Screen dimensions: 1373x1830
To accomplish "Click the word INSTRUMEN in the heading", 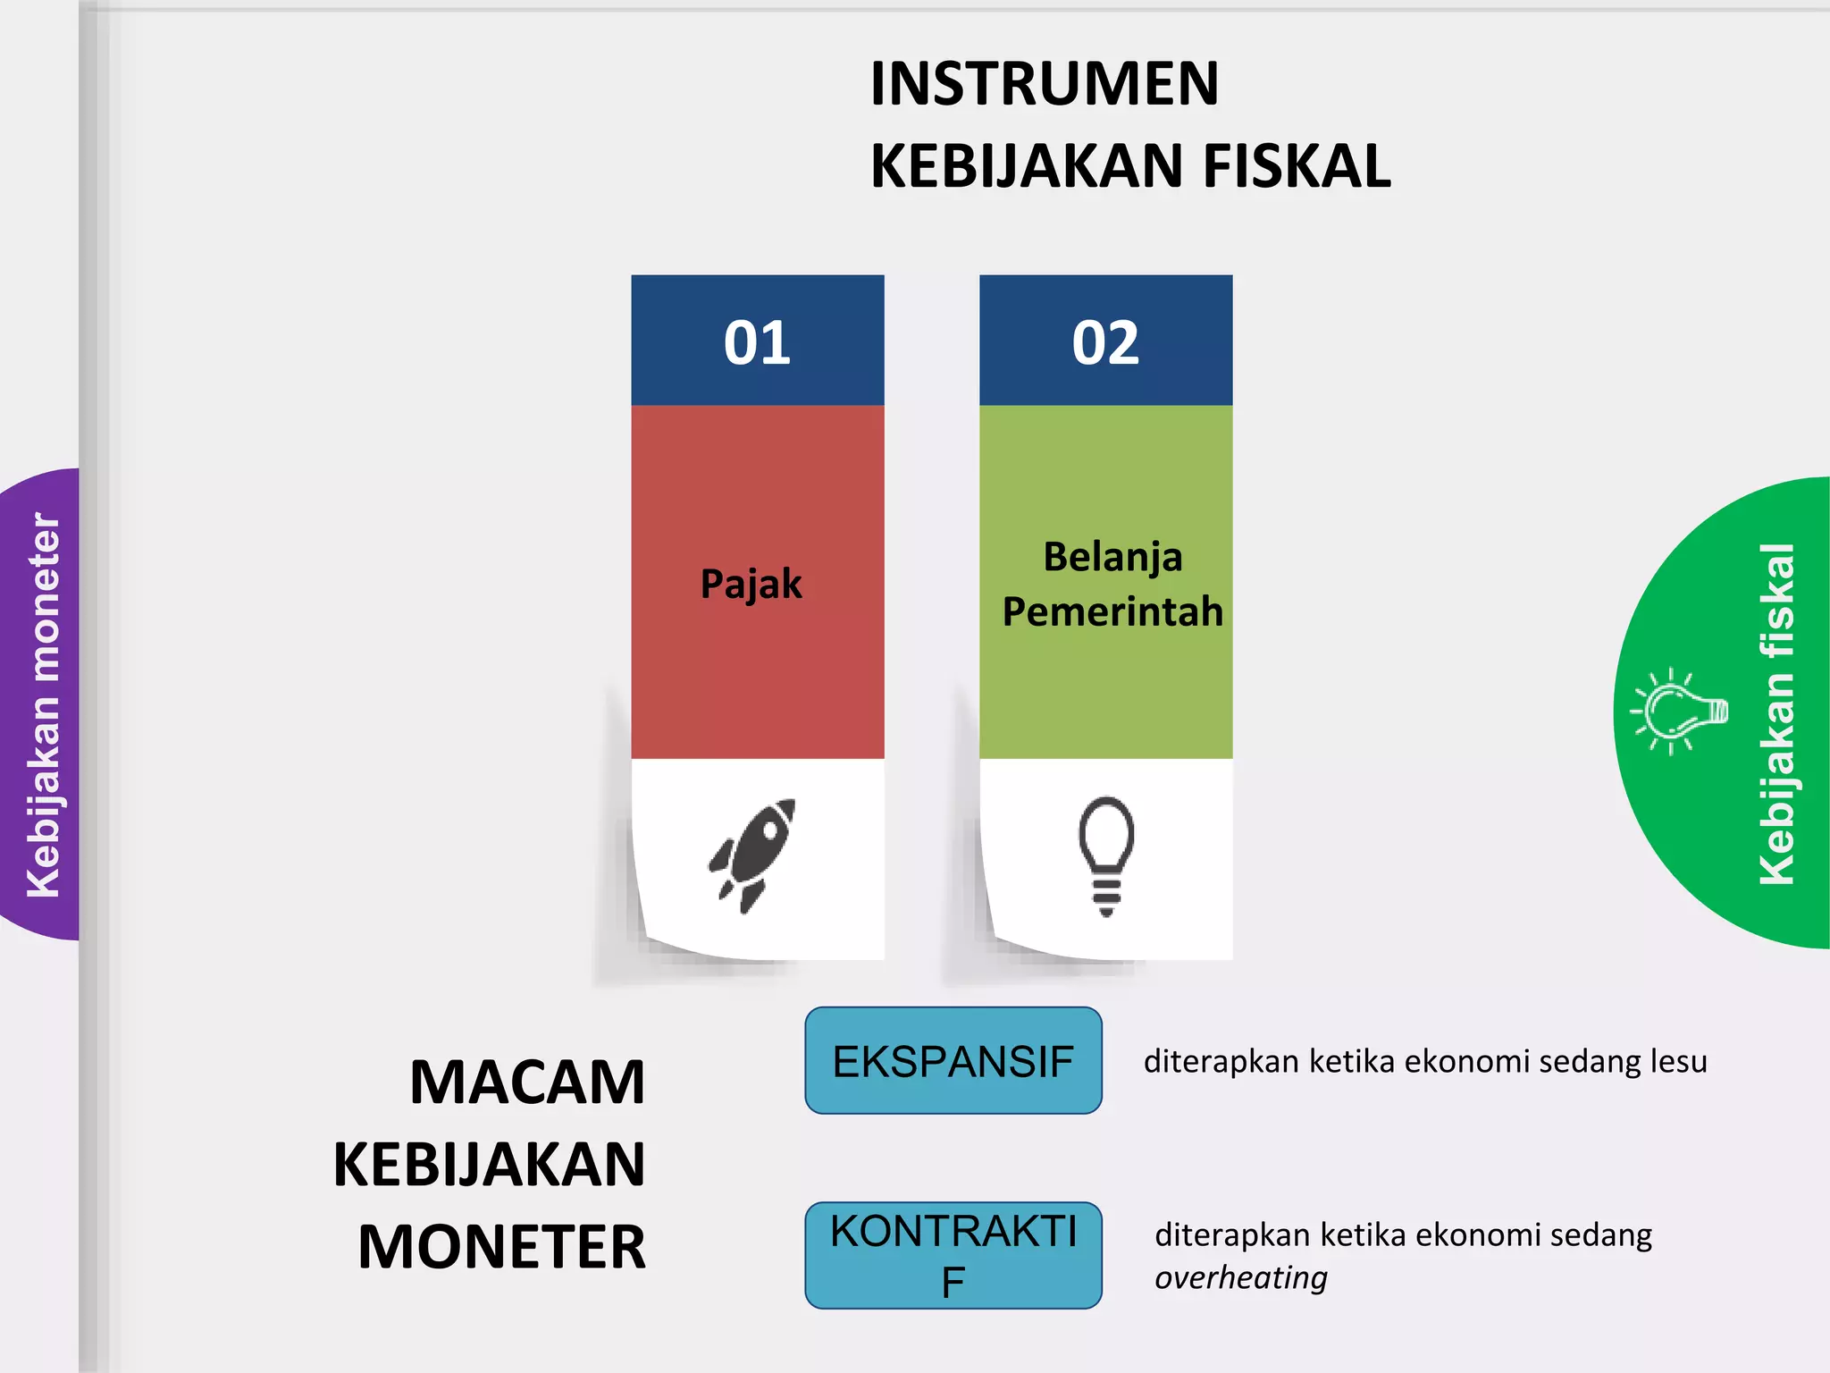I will click(1044, 84).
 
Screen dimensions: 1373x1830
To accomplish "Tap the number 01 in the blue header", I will click(757, 343).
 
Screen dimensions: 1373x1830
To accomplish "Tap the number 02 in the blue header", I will click(1105, 343).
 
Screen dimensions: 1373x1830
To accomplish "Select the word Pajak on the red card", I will click(751, 585).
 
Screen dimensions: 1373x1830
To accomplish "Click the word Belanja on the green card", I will click(1112, 557).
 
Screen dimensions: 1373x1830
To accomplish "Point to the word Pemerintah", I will click(1112, 612).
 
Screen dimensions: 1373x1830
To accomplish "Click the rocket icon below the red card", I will click(752, 855).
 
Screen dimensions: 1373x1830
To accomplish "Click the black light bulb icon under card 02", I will click(1106, 855).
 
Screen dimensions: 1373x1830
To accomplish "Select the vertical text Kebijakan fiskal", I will click(1776, 713).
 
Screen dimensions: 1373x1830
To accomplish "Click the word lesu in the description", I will click(1678, 1061).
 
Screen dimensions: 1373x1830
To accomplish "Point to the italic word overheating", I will click(1240, 1278).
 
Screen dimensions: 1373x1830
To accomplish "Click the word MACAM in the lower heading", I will click(527, 1082).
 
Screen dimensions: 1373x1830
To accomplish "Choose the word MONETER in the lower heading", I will click(501, 1248).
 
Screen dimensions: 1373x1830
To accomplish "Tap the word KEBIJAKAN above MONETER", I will click(489, 1165).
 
